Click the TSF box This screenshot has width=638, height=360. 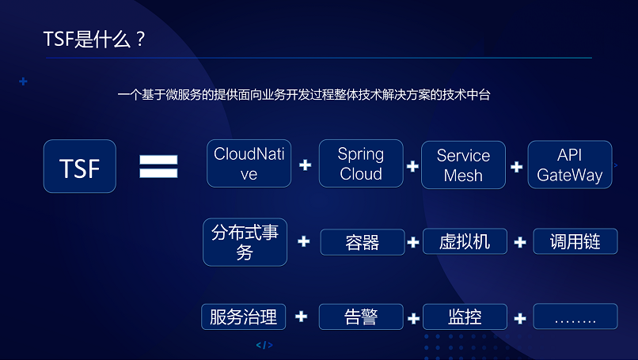(x=80, y=166)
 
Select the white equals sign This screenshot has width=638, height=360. (x=158, y=166)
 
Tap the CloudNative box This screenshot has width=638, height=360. (x=249, y=164)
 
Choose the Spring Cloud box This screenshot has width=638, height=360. (x=361, y=164)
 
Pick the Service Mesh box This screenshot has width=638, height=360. (x=463, y=165)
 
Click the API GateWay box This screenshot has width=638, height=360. (x=570, y=165)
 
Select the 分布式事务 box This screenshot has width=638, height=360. (x=245, y=242)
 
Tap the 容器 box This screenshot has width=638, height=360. (x=363, y=242)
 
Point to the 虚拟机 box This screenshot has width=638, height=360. (x=465, y=241)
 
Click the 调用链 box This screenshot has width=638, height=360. (x=575, y=241)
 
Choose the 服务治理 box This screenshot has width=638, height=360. (x=243, y=317)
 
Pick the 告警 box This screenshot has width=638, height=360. (x=361, y=317)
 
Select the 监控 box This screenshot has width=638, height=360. (x=465, y=317)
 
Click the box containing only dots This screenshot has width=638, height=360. (x=575, y=316)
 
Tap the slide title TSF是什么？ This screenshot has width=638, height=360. (x=94, y=40)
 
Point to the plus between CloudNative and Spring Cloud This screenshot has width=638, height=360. (x=306, y=165)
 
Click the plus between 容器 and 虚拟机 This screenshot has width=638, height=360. (x=413, y=242)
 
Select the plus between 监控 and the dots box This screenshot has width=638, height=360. (x=520, y=318)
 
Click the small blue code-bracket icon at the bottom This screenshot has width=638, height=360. (x=264, y=345)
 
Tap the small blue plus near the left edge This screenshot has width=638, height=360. (x=23, y=81)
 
